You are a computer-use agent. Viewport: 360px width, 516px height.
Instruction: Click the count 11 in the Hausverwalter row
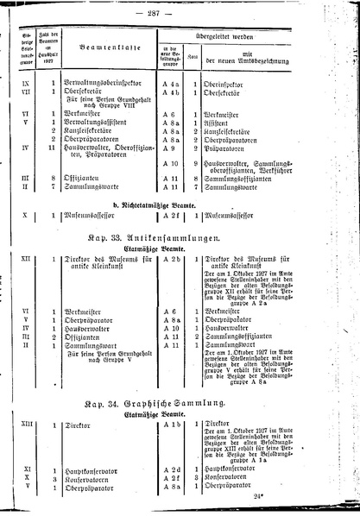(54, 148)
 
